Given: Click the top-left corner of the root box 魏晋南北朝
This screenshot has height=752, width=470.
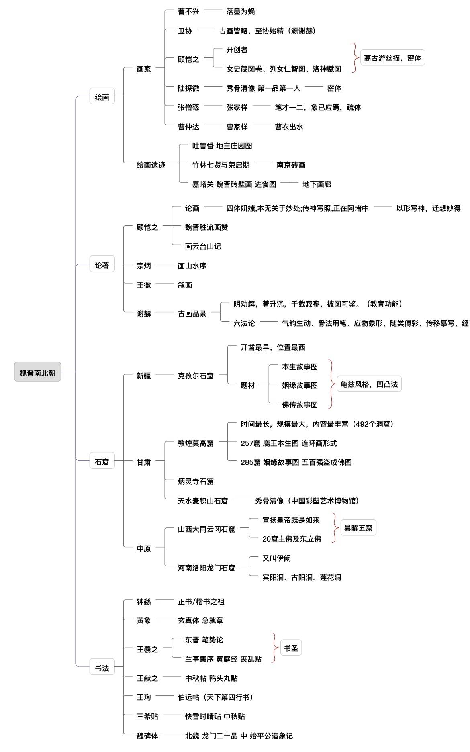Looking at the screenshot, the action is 14,363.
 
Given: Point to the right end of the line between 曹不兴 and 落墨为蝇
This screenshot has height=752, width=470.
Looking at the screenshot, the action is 222,12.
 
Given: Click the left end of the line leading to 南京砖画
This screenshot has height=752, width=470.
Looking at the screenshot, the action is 255,165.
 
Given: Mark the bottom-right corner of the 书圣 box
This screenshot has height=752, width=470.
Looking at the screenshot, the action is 302,656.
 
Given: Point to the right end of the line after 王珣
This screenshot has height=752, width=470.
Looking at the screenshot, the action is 174,697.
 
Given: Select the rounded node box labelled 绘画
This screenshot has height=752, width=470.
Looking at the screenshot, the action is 102,97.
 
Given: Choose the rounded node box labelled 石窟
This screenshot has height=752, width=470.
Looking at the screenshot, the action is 102,462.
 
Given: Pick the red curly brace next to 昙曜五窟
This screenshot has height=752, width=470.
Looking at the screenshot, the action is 334,528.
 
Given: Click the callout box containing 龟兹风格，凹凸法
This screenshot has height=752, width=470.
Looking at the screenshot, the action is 369,384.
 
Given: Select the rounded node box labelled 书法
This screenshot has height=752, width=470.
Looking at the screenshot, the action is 102,668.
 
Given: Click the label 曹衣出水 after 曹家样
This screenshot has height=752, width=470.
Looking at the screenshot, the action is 289,127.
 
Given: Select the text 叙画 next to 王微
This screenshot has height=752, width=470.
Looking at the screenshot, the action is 185,285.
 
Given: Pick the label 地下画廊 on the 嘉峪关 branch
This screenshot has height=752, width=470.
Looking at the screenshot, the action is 317,184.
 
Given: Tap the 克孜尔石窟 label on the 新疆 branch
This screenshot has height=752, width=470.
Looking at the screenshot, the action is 196,376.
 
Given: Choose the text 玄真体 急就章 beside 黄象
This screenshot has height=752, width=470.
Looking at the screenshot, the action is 200,621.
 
